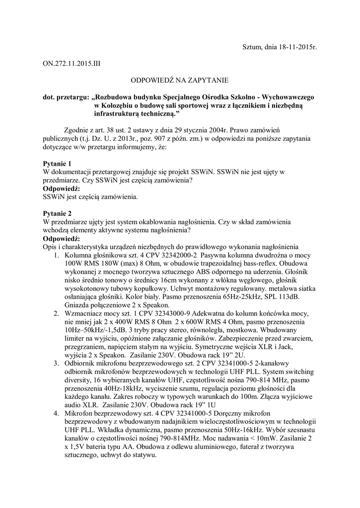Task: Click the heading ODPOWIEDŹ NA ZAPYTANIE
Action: click(x=179, y=79)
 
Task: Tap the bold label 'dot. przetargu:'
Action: click(x=65, y=96)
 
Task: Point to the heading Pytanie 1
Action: click(x=58, y=163)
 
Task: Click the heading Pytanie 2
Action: click(x=58, y=213)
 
